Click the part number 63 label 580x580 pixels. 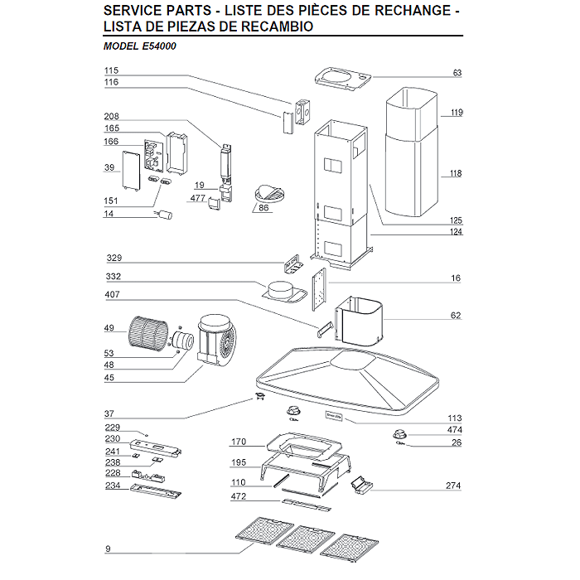457,73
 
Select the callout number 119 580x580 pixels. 456,112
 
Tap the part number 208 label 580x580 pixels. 111,117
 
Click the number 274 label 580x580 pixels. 453,485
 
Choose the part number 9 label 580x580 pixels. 108,549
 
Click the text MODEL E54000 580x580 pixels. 139,46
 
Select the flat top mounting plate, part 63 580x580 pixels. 342,77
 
